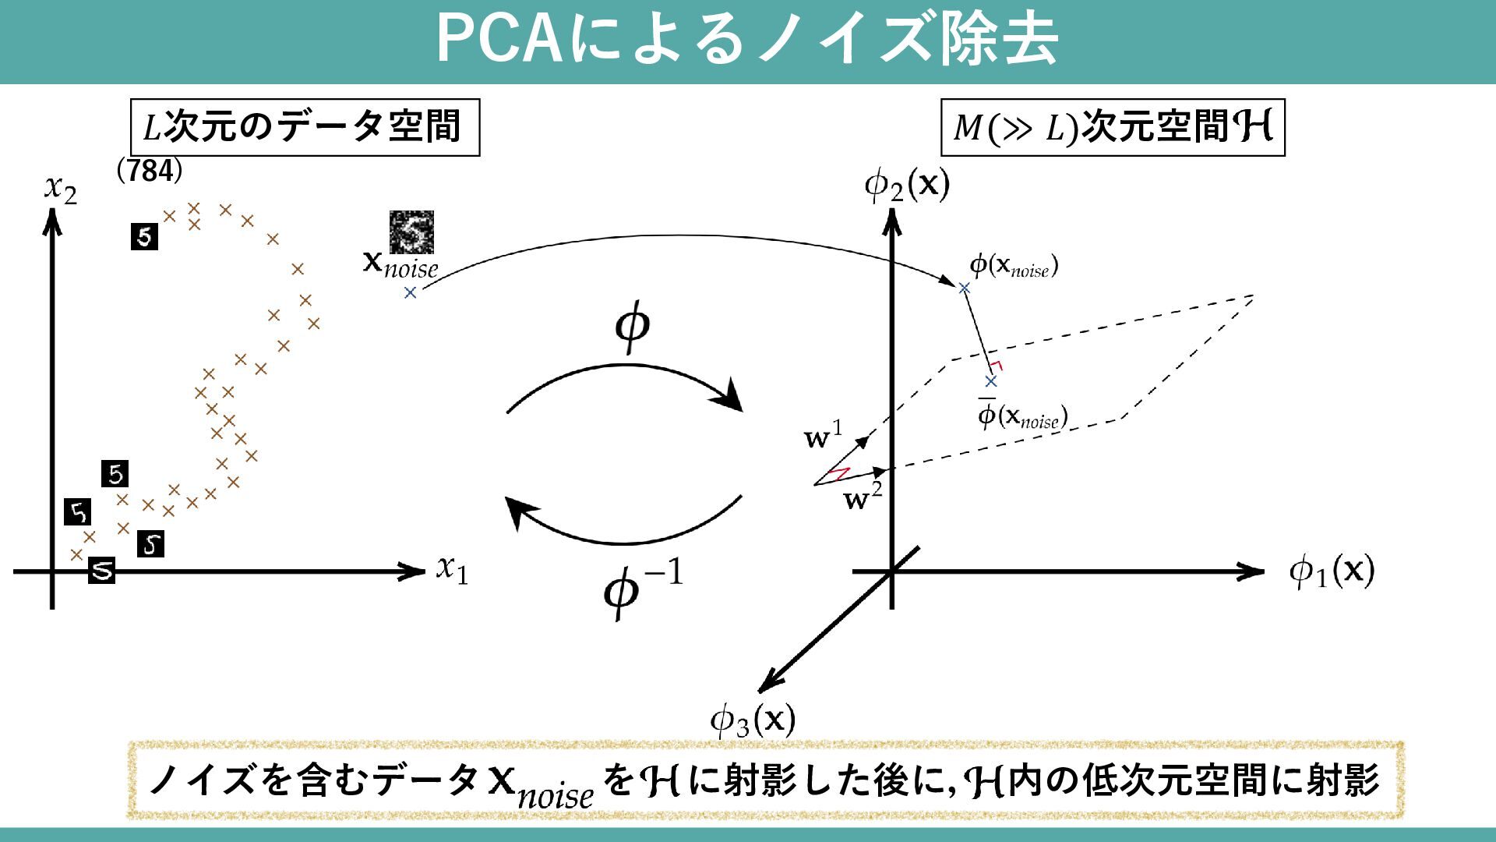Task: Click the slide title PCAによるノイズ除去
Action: point(746,39)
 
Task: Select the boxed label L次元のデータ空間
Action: point(305,127)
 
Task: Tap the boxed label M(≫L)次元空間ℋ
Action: point(1112,127)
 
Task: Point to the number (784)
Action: point(149,170)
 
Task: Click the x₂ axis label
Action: point(61,189)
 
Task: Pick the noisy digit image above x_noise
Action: point(411,232)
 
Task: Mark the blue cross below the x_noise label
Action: point(410,292)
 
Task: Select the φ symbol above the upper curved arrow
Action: point(632,326)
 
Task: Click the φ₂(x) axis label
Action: point(907,185)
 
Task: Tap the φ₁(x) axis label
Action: point(1331,571)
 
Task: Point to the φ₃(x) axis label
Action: point(752,720)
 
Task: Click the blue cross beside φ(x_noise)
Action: point(964,288)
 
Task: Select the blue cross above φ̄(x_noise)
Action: point(990,381)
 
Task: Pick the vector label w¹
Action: point(823,436)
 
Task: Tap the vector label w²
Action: point(863,497)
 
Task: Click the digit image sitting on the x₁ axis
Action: point(101,570)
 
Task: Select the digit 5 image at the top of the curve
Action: point(144,236)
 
